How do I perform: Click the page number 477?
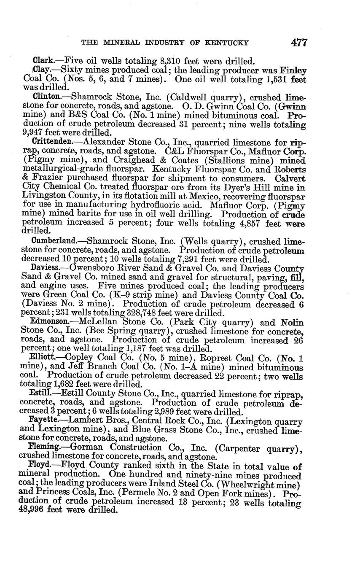pyautogui.click(x=298, y=42)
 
